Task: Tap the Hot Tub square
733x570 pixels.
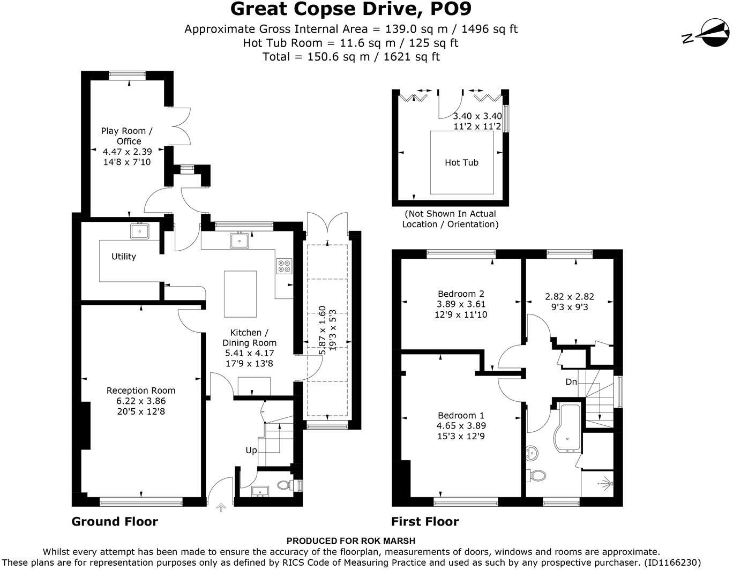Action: click(x=461, y=162)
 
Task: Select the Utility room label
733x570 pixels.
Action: click(x=124, y=256)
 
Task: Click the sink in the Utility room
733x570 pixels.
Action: click(x=140, y=231)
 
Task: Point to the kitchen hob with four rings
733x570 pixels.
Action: click(x=284, y=266)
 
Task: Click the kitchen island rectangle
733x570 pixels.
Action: click(x=240, y=294)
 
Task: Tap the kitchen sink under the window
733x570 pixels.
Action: click(x=240, y=241)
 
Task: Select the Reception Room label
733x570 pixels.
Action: click(x=141, y=390)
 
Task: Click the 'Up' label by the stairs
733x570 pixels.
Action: click(x=251, y=451)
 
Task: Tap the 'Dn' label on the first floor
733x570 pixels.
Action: click(x=571, y=382)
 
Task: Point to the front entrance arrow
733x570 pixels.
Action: click(x=221, y=508)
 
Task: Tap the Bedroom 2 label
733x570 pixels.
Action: click(x=461, y=294)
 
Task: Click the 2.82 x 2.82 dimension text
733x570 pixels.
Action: click(x=570, y=296)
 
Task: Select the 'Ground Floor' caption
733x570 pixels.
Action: click(x=115, y=521)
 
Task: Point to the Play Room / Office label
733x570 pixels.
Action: click(x=127, y=136)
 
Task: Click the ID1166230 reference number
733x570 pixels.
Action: click(x=671, y=562)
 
